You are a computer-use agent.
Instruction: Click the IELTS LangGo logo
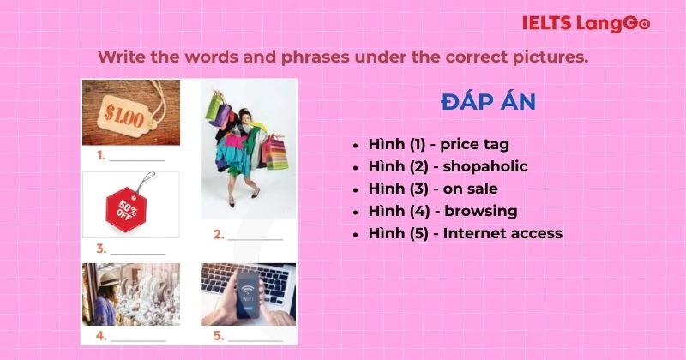click(x=586, y=23)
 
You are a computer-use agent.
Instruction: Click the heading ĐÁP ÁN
click(x=488, y=102)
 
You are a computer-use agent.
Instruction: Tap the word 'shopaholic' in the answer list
click(x=484, y=166)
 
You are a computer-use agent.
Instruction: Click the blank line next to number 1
click(x=136, y=158)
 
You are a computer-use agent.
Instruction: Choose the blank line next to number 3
click(x=137, y=250)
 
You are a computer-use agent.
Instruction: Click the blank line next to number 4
click(x=137, y=337)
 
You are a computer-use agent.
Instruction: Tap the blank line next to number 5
click(x=255, y=337)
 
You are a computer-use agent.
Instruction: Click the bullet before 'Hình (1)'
click(x=356, y=145)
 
